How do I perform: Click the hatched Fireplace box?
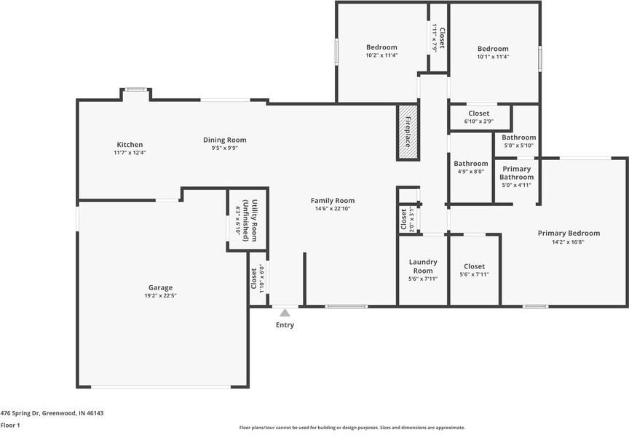click(x=408, y=132)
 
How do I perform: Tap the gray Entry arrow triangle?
click(x=285, y=313)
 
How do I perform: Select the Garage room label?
click(x=160, y=287)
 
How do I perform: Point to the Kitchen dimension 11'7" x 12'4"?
click(x=130, y=153)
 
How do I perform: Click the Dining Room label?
click(x=225, y=140)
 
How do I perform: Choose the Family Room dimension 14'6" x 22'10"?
click(x=333, y=209)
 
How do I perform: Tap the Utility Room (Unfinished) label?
click(x=250, y=220)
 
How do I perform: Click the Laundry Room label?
click(x=423, y=266)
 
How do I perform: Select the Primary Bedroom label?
click(x=569, y=234)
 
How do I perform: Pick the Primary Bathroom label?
click(x=517, y=173)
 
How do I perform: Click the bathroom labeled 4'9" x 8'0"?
click(x=471, y=164)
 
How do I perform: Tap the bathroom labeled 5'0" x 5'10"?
click(x=518, y=137)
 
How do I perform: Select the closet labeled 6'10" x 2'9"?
click(x=478, y=113)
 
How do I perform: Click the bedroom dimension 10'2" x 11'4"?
click(x=381, y=55)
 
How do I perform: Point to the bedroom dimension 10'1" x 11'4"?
click(x=493, y=57)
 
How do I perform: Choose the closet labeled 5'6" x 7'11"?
click(x=474, y=267)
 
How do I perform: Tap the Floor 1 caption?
click(x=10, y=425)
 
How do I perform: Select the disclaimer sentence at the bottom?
click(x=352, y=428)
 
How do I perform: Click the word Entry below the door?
click(x=285, y=325)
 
